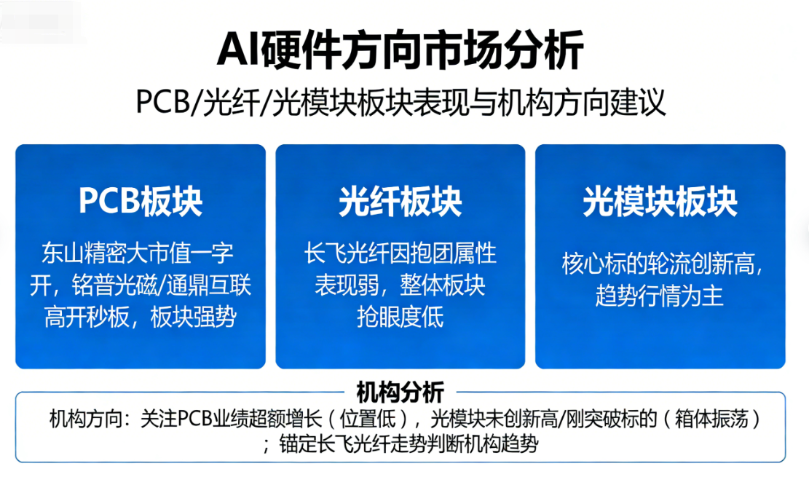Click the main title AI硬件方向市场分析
400,50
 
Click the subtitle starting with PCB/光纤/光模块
400,102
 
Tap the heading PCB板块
141,201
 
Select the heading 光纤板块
400,201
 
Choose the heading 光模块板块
660,201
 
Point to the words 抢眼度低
400,317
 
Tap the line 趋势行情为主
660,296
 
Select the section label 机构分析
400,393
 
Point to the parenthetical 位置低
367,419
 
